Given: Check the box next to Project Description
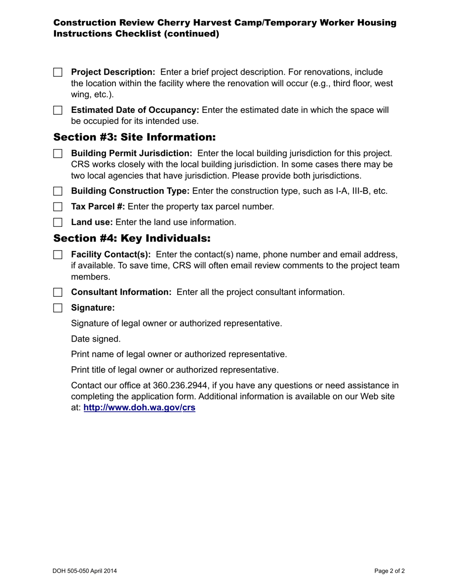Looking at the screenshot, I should click(x=58, y=72).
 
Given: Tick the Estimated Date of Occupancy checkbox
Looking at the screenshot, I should click(x=58, y=111).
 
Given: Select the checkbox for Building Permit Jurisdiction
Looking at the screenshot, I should click(x=58, y=153).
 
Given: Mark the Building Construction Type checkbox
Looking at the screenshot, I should click(x=58, y=192).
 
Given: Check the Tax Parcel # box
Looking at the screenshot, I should click(x=58, y=207).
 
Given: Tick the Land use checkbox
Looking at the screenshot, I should click(x=58, y=222).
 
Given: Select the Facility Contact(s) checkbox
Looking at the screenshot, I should click(x=58, y=254).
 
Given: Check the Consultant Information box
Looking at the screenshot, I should click(x=58, y=293).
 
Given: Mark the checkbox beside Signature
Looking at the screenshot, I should click(x=58, y=308).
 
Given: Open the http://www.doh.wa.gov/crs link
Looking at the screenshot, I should click(x=139, y=408).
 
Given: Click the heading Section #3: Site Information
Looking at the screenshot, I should click(x=134, y=137).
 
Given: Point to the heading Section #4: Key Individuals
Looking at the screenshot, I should click(x=132, y=238).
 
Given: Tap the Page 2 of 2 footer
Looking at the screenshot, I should click(x=390, y=571).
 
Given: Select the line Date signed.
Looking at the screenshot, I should click(x=96, y=339).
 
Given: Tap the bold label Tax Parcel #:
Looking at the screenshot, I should click(x=98, y=207).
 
